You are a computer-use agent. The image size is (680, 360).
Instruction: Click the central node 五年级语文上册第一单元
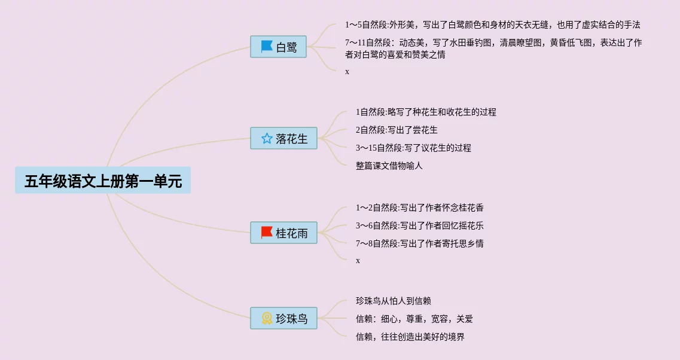[103, 181]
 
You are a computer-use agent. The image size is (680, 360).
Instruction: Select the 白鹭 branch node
[279, 47]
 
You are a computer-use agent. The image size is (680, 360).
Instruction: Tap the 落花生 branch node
[283, 139]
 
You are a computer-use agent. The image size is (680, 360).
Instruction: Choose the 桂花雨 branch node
[283, 233]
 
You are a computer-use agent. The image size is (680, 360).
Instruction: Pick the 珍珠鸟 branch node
[283, 318]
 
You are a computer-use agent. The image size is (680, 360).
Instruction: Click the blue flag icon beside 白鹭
[266, 47]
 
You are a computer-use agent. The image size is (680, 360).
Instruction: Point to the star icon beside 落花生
[267, 139]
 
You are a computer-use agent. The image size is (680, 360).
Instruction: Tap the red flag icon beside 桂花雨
[267, 233]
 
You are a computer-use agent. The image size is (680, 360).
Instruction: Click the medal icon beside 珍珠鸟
[267, 318]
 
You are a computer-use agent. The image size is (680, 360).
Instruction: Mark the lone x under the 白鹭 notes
[347, 72]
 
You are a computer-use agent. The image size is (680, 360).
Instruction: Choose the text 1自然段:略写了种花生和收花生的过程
[426, 112]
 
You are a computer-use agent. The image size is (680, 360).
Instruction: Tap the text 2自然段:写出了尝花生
[397, 130]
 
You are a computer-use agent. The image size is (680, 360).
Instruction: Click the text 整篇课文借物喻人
[389, 166]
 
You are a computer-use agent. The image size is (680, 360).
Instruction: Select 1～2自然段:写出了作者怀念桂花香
[419, 208]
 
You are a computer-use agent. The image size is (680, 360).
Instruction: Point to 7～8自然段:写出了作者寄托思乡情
[419, 243]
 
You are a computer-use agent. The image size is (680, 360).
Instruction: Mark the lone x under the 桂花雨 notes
[358, 261]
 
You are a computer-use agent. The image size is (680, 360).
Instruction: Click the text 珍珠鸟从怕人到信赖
[398, 301]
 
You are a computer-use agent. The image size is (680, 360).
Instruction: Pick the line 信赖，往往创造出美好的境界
[410, 337]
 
